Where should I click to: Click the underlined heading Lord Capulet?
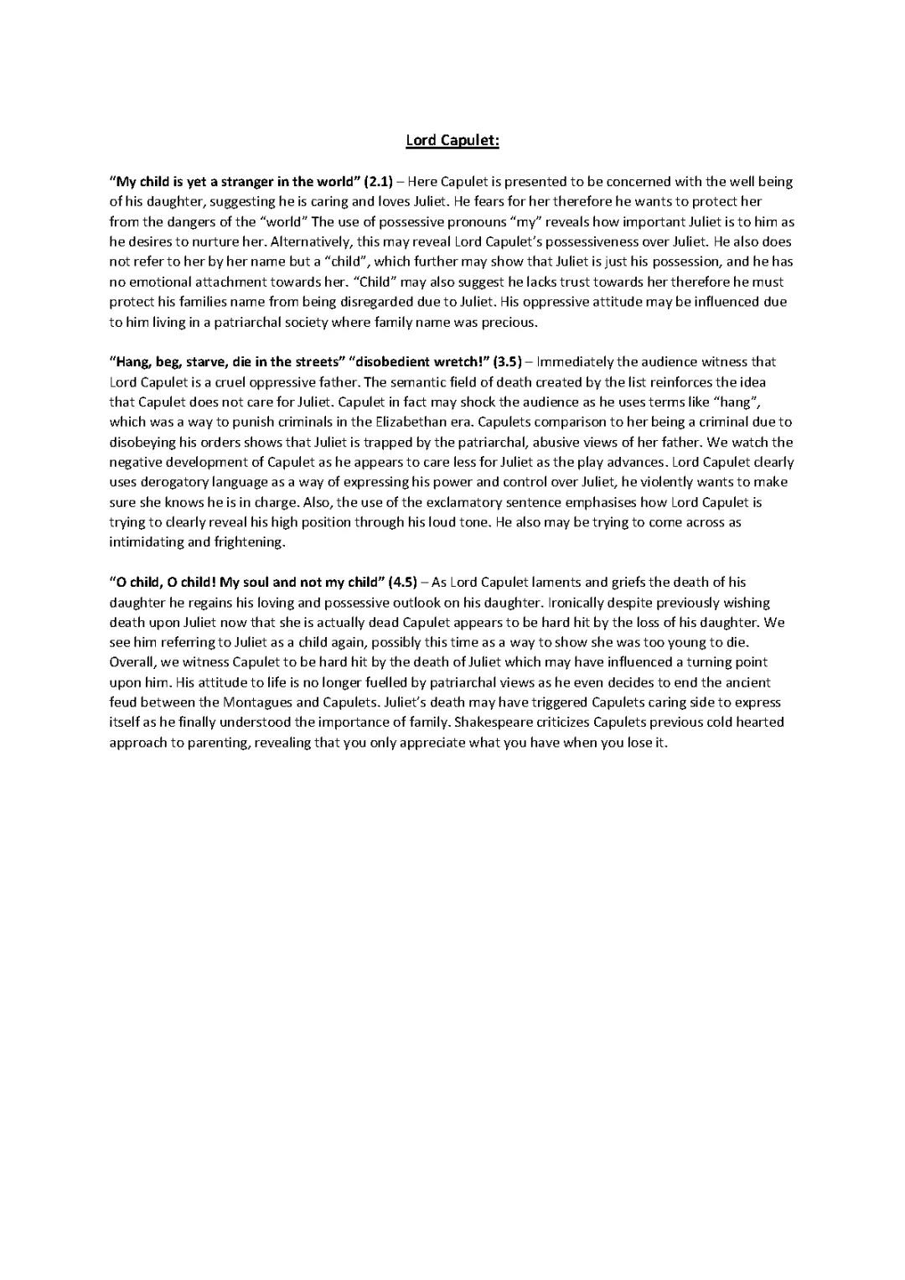point(452,140)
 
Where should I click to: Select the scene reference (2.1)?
point(379,182)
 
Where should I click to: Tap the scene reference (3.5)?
point(507,362)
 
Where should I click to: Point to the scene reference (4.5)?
point(403,583)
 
